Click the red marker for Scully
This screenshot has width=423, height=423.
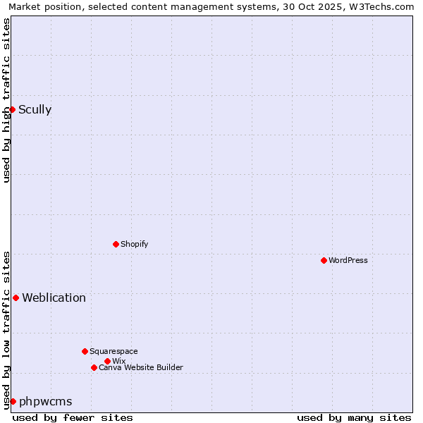coord(12,109)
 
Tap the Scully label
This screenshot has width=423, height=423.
coord(35,109)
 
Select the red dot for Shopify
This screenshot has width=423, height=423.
coord(116,244)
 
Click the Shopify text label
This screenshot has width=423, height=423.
coord(134,244)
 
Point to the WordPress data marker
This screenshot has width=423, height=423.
coord(324,260)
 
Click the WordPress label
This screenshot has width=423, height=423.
coord(348,260)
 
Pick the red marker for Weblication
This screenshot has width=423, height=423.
coord(16,298)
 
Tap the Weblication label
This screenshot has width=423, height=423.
coord(54,298)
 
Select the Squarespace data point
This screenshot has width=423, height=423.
coord(85,351)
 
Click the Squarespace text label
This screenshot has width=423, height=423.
coord(114,351)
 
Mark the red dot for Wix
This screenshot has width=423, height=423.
coord(107,361)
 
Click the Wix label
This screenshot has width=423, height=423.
coord(118,361)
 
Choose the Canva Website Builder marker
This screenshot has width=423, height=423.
coord(94,367)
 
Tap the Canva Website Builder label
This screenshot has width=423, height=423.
coord(140,367)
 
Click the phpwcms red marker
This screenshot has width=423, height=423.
coord(13,401)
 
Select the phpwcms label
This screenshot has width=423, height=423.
coord(45,401)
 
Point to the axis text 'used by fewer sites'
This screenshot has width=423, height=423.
coord(73,417)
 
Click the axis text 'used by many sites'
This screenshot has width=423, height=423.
coord(354,417)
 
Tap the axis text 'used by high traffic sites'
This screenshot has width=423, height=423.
coord(6,100)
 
